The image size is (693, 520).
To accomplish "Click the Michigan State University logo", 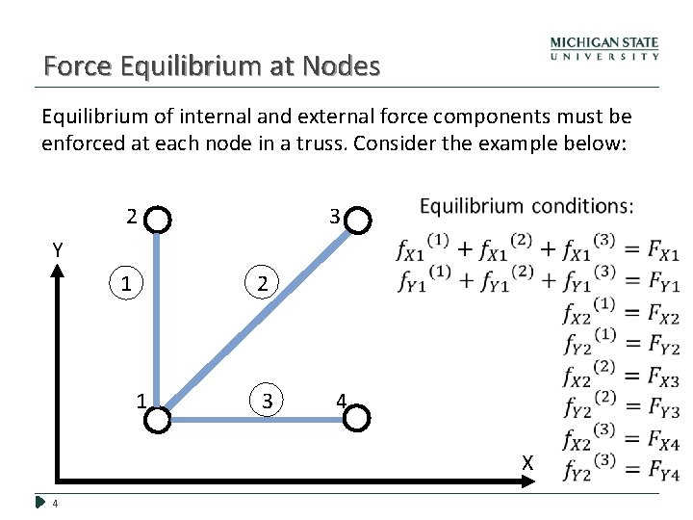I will coord(604,49).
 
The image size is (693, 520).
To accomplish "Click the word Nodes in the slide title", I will coord(341,66).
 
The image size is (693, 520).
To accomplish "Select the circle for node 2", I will coord(160,221).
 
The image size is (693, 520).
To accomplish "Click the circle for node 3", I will coord(357,221).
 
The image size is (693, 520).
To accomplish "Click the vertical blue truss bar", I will coord(160,318).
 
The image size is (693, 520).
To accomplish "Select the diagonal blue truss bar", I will coord(258,319).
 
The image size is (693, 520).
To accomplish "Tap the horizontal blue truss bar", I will coord(258,418).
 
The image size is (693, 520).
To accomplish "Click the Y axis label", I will coord(58,250).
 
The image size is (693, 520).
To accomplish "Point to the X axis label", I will coord(527,463).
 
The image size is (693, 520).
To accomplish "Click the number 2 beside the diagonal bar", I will coord(263,284).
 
